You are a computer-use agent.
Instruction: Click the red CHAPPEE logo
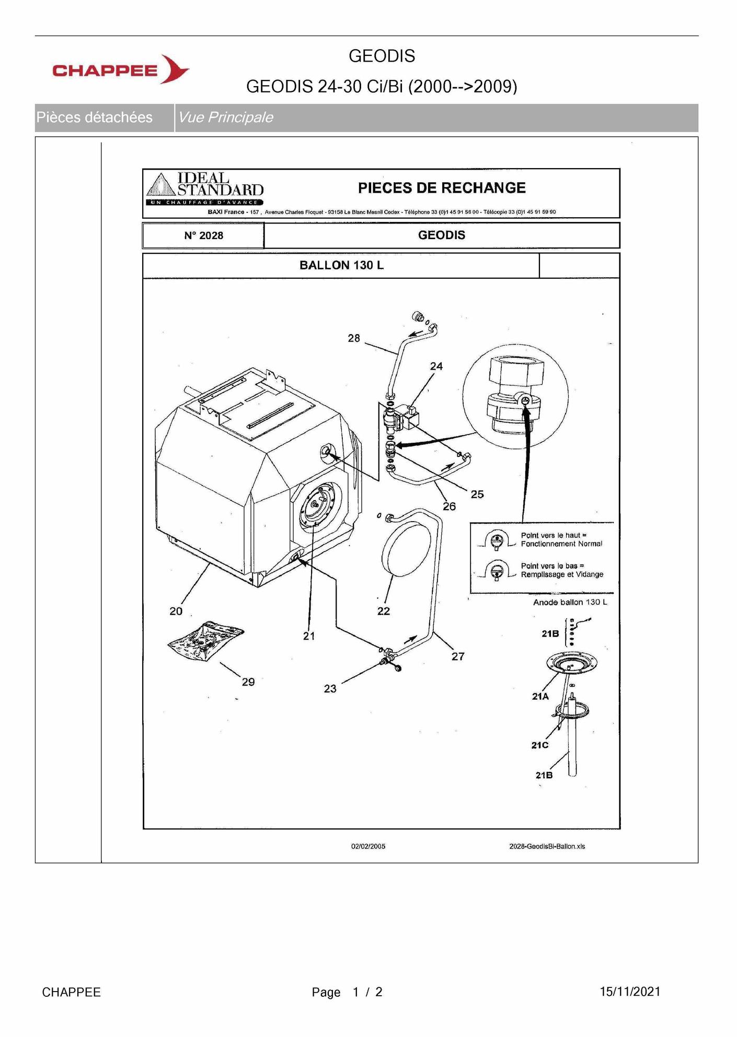[x=121, y=69]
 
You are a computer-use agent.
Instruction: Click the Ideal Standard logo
[x=205, y=189]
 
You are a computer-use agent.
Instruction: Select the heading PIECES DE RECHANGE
[x=442, y=188]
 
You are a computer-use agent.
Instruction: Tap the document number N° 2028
[x=203, y=235]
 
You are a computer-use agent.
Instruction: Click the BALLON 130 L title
[x=341, y=265]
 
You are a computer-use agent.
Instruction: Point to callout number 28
[x=354, y=338]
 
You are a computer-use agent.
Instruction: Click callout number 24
[x=436, y=367]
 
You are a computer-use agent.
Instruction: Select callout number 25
[x=477, y=494]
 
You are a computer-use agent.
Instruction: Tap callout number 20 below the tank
[x=176, y=611]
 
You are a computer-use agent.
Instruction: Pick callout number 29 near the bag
[x=248, y=682]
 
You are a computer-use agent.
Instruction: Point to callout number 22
[x=384, y=611]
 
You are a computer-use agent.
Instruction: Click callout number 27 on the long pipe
[x=458, y=656]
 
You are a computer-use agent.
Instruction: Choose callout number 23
[x=330, y=689]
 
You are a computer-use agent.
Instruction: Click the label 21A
[x=540, y=697]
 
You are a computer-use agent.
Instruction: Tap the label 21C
[x=540, y=745]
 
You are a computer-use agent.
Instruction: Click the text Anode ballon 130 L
[x=570, y=602]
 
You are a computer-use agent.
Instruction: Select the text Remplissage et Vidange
[x=562, y=574]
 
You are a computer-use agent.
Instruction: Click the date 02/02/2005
[x=368, y=846]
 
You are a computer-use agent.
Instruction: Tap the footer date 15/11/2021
[x=630, y=992]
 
